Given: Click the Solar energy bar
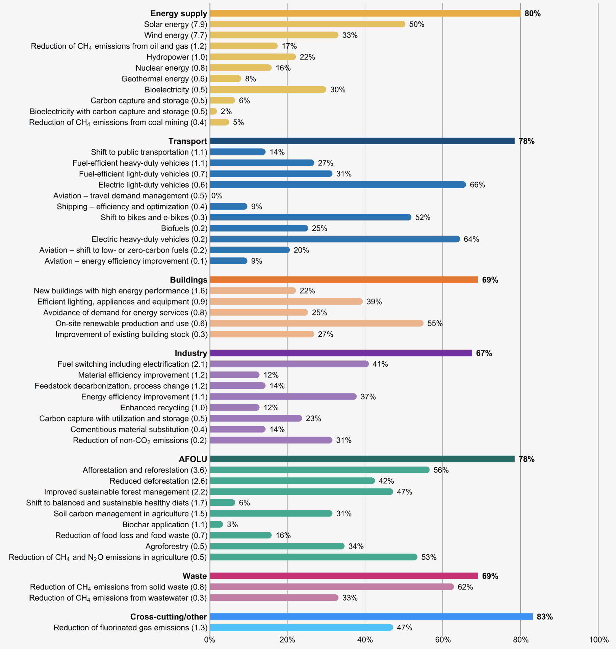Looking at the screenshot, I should click(307, 24).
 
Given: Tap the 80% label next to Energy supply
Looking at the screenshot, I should click(532, 14).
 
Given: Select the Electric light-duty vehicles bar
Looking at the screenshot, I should click(338, 185).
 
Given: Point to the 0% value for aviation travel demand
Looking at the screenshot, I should click(217, 196).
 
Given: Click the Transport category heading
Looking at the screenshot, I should click(187, 141).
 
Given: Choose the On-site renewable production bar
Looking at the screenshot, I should click(316, 323).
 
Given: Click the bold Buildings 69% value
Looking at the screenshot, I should click(490, 280).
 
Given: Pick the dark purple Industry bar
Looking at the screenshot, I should click(341, 353).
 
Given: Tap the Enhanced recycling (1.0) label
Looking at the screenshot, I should click(164, 408).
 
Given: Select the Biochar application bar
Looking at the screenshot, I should click(216, 524).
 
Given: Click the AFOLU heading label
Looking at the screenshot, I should click(193, 459).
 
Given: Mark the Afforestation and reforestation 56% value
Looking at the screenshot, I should click(441, 470).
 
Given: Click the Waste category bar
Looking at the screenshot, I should click(344, 576).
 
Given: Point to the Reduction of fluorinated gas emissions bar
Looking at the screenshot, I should click(301, 627).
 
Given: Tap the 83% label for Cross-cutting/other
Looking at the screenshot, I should click(544, 617).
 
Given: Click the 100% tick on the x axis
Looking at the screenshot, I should click(599, 640).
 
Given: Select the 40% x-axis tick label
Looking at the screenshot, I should click(365, 640).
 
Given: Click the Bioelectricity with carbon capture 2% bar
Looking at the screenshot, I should click(213, 111).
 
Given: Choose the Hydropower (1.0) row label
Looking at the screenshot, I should click(177, 57).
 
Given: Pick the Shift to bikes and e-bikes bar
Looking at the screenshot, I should click(310, 217).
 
